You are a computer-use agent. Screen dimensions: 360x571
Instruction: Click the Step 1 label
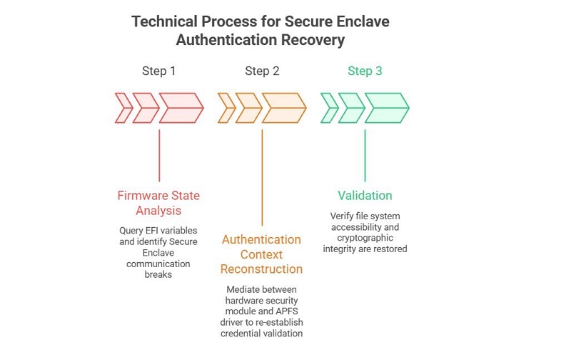[x=158, y=71]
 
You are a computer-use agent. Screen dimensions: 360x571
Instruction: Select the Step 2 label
[x=262, y=71]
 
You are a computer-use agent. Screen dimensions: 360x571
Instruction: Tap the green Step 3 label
[x=365, y=71]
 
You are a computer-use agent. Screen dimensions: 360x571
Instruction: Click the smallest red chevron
[x=123, y=108]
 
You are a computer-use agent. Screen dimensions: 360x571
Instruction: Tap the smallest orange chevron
[x=226, y=108]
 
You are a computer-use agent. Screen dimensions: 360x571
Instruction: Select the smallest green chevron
[x=329, y=108]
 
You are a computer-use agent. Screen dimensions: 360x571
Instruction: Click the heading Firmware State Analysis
[x=158, y=203]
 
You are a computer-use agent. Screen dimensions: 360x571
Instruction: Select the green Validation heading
[x=365, y=195]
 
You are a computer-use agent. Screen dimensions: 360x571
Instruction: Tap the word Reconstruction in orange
[x=261, y=269]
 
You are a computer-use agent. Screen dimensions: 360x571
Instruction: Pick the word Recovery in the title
[x=313, y=40]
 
